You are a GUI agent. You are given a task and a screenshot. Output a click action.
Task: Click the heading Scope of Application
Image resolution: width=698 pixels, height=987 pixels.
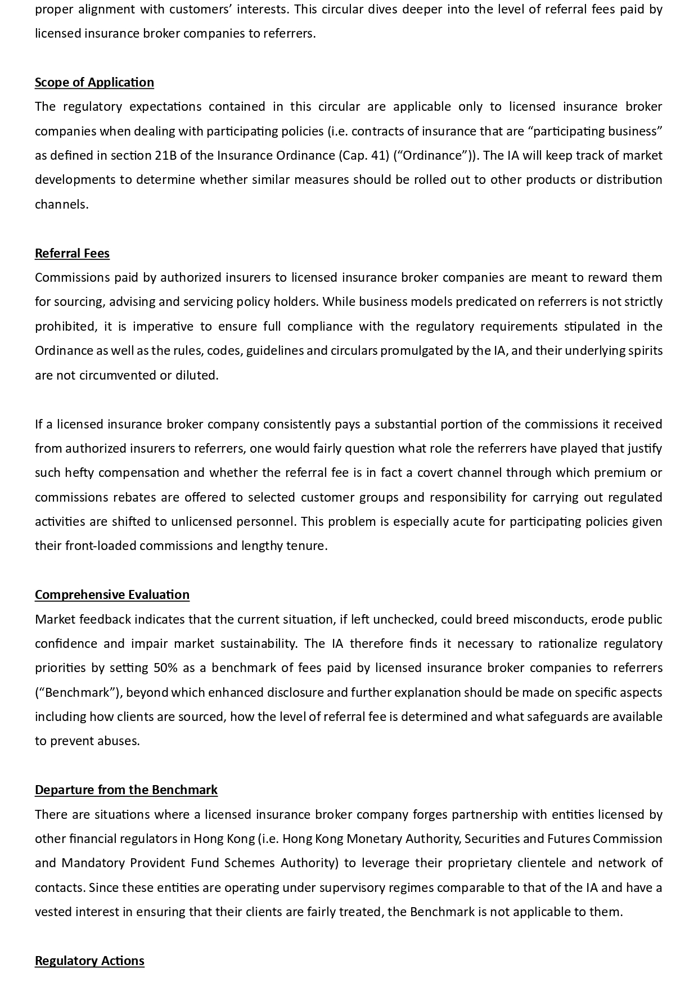(x=94, y=82)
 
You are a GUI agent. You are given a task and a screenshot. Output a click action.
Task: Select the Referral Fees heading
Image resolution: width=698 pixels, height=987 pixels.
(x=72, y=253)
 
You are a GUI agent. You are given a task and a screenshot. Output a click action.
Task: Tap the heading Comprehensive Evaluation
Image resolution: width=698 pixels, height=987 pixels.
(x=112, y=594)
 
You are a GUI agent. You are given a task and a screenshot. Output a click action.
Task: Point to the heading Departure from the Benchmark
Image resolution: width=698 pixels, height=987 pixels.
(x=126, y=790)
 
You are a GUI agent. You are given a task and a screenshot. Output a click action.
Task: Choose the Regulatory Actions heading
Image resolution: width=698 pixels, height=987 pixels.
(x=89, y=961)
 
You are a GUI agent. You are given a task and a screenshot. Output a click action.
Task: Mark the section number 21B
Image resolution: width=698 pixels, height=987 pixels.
(x=166, y=155)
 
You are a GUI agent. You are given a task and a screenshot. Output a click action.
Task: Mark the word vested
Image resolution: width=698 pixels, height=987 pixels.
(x=53, y=912)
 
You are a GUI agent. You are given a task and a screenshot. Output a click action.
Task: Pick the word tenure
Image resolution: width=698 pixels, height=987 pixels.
(x=307, y=546)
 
